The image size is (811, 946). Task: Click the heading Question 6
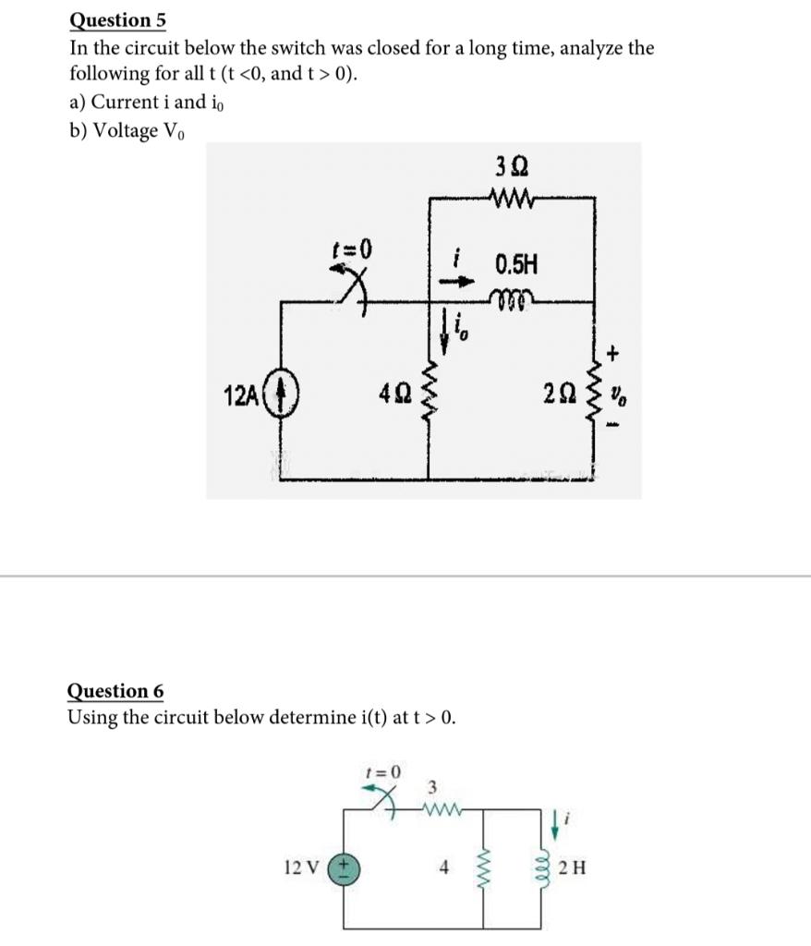pyautogui.click(x=115, y=690)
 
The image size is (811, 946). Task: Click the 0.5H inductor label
pyautogui.click(x=514, y=266)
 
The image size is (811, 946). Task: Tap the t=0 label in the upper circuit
pyautogui.click(x=352, y=249)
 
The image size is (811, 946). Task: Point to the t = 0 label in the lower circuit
pyautogui.click(x=383, y=771)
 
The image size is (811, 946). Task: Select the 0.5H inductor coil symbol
pyautogui.click(x=511, y=297)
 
